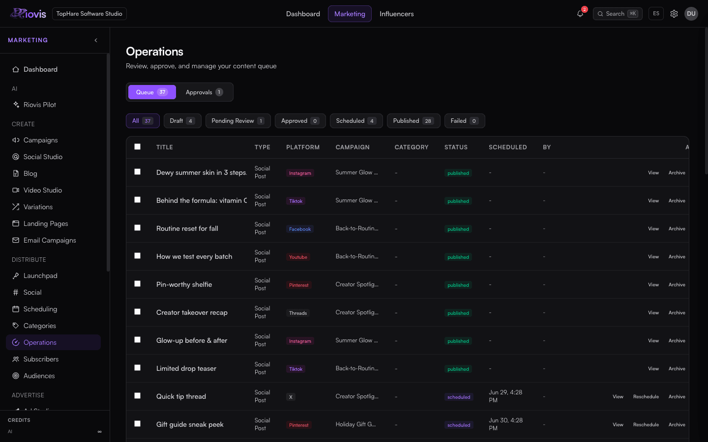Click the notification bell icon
coord(580,14)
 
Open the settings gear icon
coord(674,14)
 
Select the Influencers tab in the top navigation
coord(396,14)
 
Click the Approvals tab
coord(204,92)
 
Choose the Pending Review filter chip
coord(238,121)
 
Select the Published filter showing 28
coord(413,121)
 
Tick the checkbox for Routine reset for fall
coord(137,228)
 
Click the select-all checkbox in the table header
coord(137,147)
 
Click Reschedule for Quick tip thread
coord(646,396)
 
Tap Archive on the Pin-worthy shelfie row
coord(677,285)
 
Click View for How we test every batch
coord(653,257)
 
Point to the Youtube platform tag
coord(298,257)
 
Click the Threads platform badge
coord(298,313)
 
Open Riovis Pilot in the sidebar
coord(39,105)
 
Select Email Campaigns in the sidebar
coord(50,240)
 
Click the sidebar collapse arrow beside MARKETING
coord(96,40)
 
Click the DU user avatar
coord(691,14)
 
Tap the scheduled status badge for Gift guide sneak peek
coord(459,425)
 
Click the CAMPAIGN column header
coord(353,147)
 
